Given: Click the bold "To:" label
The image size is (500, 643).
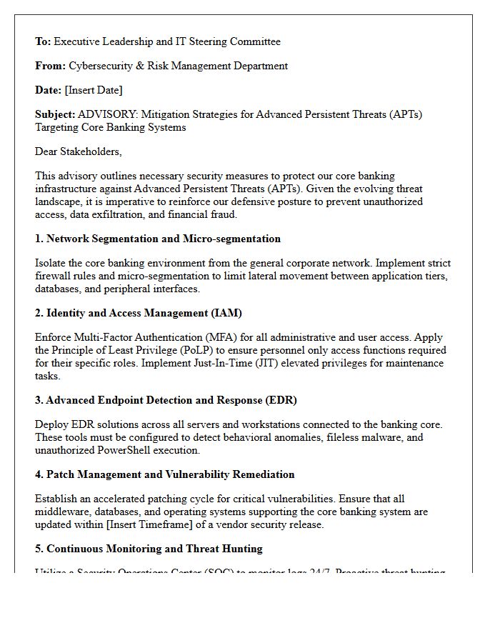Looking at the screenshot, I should click(43, 41).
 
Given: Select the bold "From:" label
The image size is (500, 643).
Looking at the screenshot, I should click(50, 66).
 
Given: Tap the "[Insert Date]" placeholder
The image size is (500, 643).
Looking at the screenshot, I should click(94, 90).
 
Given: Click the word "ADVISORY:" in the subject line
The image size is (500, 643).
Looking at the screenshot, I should click(103, 114).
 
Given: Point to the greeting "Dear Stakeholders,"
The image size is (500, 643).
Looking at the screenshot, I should click(79, 151).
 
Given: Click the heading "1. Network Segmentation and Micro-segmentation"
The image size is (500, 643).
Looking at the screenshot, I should click(158, 239).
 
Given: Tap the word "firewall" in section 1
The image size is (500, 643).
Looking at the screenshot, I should click(54, 276).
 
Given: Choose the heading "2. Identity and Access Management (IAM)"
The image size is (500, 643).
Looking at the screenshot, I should click(139, 313).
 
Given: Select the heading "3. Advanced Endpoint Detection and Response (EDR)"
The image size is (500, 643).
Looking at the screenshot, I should click(166, 400).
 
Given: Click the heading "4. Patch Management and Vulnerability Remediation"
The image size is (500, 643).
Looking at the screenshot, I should click(164, 474).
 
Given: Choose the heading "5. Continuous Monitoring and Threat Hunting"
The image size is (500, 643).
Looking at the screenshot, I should click(149, 549).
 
